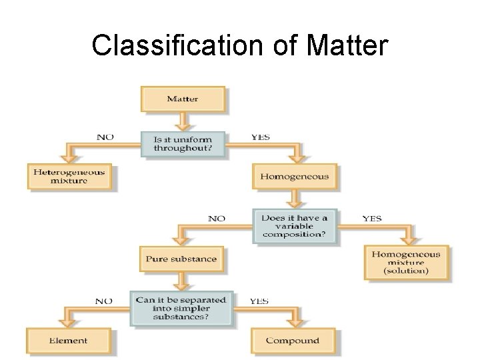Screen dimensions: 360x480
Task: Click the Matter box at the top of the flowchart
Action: (183, 99)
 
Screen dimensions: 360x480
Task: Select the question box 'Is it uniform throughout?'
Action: (183, 145)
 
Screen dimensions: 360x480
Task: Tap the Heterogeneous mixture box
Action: (70, 176)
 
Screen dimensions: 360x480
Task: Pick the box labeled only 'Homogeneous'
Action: (294, 177)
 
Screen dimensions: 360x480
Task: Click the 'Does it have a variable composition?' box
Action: (295, 226)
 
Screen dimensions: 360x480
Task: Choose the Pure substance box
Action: (182, 259)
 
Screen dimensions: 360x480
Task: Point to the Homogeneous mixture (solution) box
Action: (406, 263)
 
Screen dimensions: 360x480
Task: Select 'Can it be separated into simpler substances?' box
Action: (181, 308)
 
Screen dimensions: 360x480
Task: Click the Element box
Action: (70, 341)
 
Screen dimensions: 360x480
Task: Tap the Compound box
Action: (295, 341)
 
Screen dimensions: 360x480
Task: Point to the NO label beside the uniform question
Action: (105, 137)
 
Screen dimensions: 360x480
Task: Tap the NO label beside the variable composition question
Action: (217, 218)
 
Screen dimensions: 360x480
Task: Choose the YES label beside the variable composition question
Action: (372, 218)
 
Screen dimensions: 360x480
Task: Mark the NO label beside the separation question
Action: (103, 301)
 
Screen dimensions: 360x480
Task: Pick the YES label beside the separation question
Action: (259, 301)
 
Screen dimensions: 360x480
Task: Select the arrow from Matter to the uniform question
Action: (183, 120)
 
